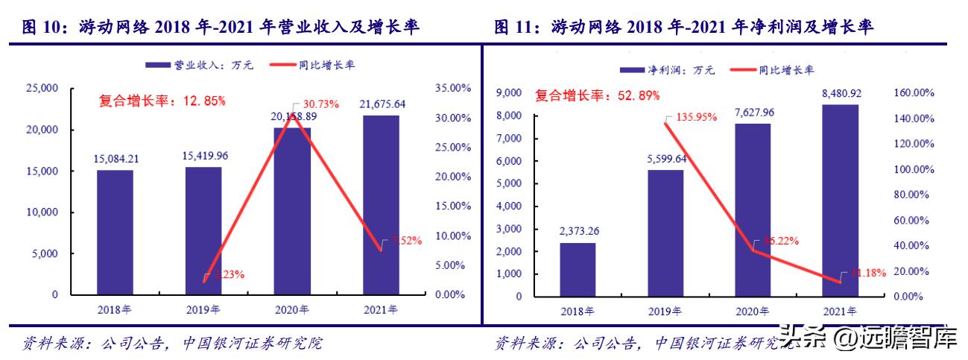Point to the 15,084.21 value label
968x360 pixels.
coord(115,159)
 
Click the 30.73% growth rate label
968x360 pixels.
coord(319,104)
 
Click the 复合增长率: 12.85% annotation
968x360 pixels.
coord(162,101)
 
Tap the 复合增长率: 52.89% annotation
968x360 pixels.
coord(597,95)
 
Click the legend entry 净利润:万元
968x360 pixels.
coord(668,69)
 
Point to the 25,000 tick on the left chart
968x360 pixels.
coord(42,88)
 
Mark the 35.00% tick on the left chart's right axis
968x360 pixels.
coord(452,88)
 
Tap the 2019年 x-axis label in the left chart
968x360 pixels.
coord(203,309)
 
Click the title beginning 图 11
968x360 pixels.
coord(683,28)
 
